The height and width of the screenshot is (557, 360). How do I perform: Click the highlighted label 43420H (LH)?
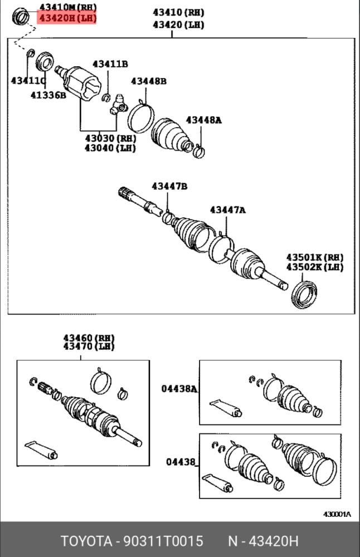point(67,18)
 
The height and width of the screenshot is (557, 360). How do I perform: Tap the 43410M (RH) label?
point(68,7)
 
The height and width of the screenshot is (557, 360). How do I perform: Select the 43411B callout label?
point(110,64)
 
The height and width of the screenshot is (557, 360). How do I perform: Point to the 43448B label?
point(149,81)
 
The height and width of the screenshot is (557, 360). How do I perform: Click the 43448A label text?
point(203,120)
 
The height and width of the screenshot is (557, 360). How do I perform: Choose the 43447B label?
point(169,186)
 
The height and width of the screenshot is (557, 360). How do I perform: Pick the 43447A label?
point(227,210)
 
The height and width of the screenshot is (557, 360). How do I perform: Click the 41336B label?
point(48,95)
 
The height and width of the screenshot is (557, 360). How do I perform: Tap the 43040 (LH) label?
point(110,148)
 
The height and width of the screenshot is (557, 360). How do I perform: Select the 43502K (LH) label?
point(315,267)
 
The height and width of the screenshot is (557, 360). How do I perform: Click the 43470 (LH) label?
point(89,346)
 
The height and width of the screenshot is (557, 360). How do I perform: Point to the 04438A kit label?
point(179,389)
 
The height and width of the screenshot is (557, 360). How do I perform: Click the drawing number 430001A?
point(337,514)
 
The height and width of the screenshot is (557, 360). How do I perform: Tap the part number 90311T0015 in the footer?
point(163,541)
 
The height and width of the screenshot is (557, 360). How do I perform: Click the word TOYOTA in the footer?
point(86,541)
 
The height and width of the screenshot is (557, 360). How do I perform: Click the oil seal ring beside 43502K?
point(304,295)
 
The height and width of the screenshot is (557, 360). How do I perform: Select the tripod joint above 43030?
point(119,105)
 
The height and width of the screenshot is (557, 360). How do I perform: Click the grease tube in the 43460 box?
point(41,449)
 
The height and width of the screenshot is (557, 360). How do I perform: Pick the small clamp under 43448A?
point(198,152)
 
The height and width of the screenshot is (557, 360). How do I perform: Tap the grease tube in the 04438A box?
point(226,408)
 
